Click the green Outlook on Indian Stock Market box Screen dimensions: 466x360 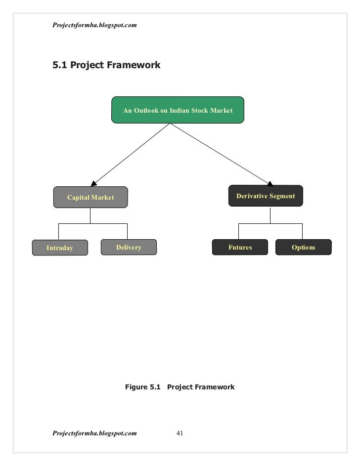click(178, 110)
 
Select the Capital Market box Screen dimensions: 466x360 click(90, 197)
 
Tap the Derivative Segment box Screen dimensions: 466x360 click(266, 196)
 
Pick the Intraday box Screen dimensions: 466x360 click(60, 248)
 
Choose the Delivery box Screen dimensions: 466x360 click(129, 247)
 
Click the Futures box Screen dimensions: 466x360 click(240, 247)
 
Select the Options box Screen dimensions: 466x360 click(303, 247)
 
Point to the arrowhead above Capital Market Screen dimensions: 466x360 click(94, 182)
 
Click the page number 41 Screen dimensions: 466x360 click(180, 433)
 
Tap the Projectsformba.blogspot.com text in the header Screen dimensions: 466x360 click(94, 25)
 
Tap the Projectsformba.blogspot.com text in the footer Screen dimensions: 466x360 click(94, 433)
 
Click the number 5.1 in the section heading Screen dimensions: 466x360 click(60, 65)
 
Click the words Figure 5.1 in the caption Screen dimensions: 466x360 click(143, 387)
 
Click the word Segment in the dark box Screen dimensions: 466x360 click(282, 196)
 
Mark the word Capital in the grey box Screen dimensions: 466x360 click(79, 197)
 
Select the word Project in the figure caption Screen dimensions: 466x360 click(180, 387)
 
